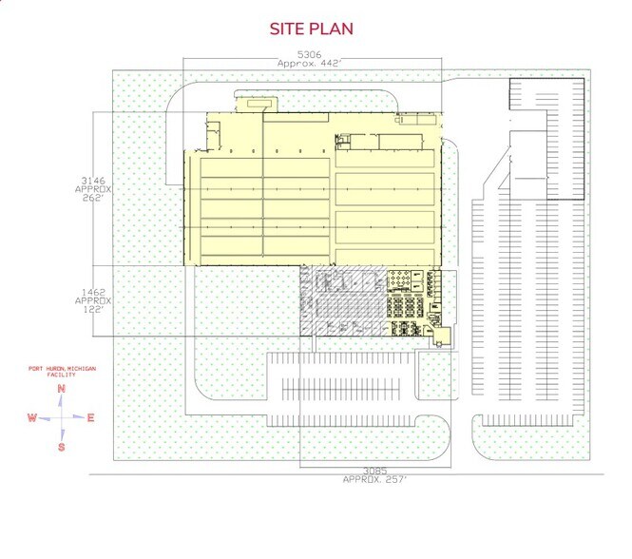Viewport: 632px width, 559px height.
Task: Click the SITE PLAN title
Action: click(x=312, y=29)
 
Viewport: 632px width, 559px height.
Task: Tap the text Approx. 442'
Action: click(x=310, y=64)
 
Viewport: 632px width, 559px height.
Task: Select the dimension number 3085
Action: click(x=373, y=471)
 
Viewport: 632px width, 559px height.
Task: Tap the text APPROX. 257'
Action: click(x=373, y=480)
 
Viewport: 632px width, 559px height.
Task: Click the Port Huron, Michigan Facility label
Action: click(x=60, y=371)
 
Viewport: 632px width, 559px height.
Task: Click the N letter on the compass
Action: click(x=61, y=389)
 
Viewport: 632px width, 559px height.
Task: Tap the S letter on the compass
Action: click(x=61, y=446)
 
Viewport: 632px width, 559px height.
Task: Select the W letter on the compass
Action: click(x=31, y=417)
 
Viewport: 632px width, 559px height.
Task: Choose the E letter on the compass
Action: click(x=90, y=417)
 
